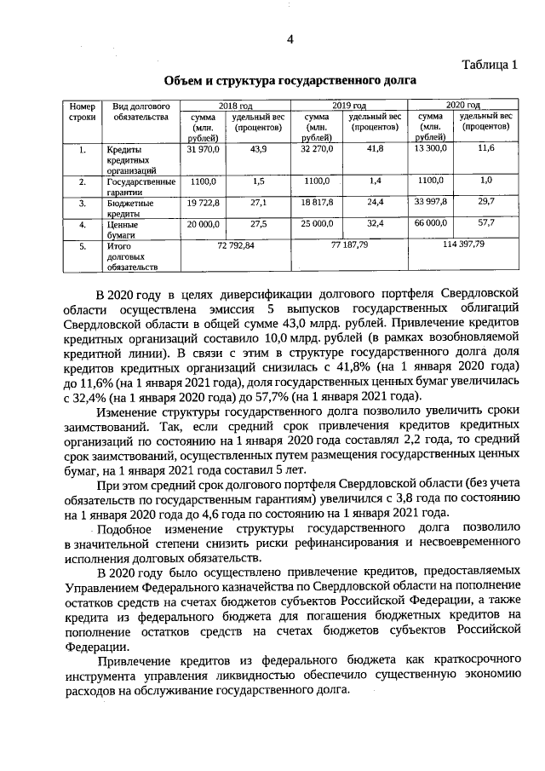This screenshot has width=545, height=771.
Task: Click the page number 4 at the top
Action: click(290, 39)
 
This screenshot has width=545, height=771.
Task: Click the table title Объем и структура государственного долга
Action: click(290, 81)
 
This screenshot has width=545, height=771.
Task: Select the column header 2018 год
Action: click(235, 104)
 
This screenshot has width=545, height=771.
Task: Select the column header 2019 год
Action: click(349, 104)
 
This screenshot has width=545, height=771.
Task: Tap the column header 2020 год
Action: click(463, 104)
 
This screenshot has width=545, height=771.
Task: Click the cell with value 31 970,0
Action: click(204, 149)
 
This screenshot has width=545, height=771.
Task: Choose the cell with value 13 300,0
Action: click(431, 149)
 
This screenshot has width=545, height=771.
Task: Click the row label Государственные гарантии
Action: click(141, 187)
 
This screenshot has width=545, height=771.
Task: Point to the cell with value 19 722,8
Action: click(204, 203)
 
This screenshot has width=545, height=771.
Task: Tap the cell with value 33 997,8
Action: click(431, 203)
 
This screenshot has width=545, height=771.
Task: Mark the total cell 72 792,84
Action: click(233, 245)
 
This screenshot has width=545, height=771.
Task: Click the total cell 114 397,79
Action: click(463, 245)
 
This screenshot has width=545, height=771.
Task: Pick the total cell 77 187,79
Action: click(349, 245)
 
